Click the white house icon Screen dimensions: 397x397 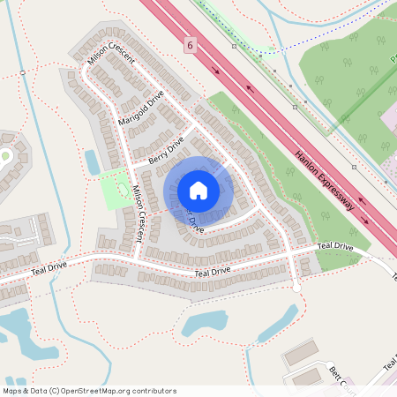coord(198,191)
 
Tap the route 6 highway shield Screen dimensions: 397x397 coord(189,43)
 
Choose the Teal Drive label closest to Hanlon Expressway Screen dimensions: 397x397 coord(335,246)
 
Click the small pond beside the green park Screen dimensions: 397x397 coord(92,161)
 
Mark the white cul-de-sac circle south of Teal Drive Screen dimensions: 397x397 coord(296,288)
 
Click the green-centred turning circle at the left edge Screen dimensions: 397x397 coord(4,157)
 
